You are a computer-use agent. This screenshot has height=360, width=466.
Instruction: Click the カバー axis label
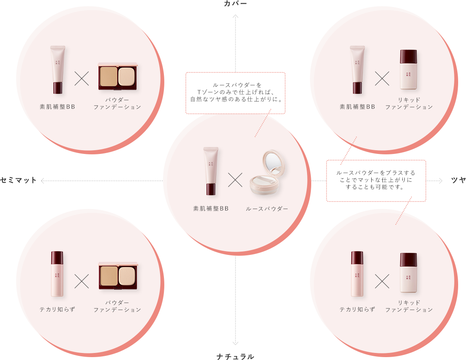235,4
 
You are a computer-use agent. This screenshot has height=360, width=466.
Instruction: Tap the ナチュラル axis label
235,356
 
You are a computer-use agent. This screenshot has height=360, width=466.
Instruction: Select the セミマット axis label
19,180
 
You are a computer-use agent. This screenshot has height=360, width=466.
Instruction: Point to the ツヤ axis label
458,180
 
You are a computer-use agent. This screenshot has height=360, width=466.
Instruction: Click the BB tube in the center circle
211,171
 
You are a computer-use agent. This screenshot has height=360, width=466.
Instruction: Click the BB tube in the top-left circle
58,70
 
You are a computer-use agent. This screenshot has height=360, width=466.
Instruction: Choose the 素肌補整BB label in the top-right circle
358,107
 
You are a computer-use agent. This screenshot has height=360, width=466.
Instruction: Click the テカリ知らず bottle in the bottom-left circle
57,274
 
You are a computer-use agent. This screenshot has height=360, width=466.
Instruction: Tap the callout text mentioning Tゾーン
235,92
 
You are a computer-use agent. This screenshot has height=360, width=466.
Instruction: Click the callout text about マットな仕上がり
375,180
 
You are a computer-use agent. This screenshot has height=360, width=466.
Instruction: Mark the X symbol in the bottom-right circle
382,281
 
